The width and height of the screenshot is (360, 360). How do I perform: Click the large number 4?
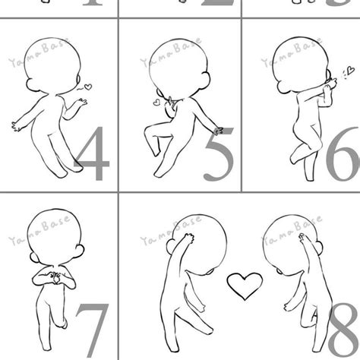pyautogui.click(x=92, y=156)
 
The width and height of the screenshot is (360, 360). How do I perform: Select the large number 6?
pyautogui.click(x=343, y=155)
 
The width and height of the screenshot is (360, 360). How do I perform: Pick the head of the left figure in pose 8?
pyautogui.click(x=201, y=247)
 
